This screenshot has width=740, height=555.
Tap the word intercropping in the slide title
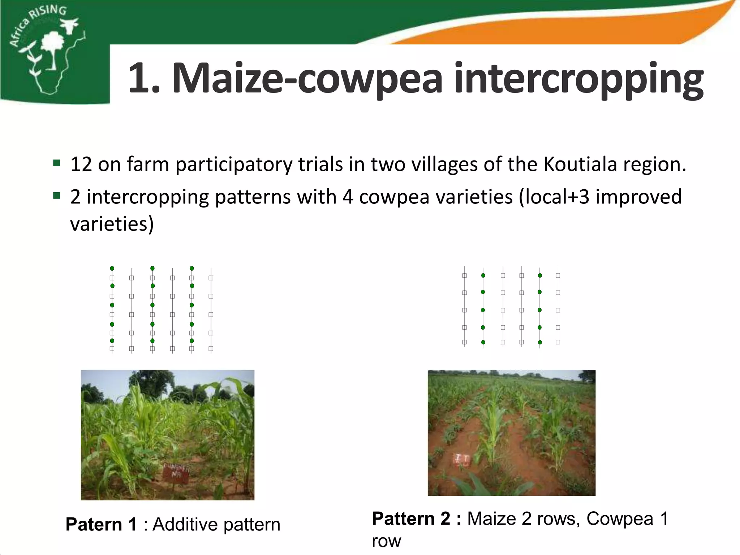pos(578,80)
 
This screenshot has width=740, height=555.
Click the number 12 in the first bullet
pos(81,164)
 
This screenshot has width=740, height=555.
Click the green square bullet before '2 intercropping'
pos(56,196)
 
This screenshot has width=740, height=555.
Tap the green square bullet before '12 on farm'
pos(56,163)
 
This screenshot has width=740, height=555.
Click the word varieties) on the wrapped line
pos(112,224)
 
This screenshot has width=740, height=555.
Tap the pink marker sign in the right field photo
pos(461,460)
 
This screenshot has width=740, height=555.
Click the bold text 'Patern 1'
pos(101,524)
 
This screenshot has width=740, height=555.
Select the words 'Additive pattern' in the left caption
pos(216,524)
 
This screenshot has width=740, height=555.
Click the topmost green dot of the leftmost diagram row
pos(112,268)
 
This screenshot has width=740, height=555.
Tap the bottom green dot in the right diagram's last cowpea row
pos(540,342)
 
